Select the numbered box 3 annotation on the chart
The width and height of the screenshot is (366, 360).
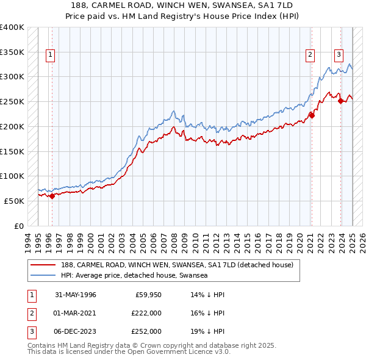338,54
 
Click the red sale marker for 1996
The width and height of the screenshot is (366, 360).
52,196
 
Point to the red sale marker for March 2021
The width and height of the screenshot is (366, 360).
311,115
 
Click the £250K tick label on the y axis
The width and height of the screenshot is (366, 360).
12,101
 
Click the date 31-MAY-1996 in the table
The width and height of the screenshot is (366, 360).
76,295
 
